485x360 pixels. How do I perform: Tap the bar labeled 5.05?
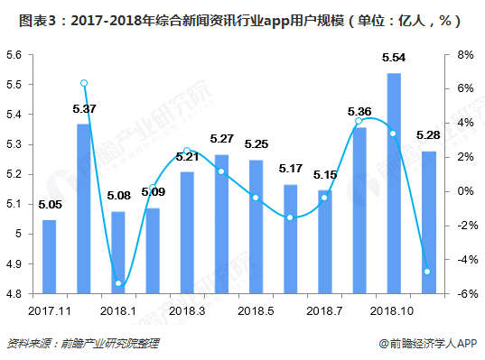49,256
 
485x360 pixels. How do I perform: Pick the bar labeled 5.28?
429,222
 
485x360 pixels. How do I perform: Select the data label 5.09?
154,191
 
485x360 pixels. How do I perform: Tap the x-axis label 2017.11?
49,310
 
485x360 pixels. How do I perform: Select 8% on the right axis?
465,55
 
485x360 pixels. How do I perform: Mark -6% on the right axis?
463,294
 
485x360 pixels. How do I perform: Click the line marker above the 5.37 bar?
84,83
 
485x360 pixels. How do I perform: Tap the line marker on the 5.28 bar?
429,272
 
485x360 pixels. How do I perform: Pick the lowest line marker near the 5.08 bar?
118,283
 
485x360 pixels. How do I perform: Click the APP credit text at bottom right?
427,344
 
